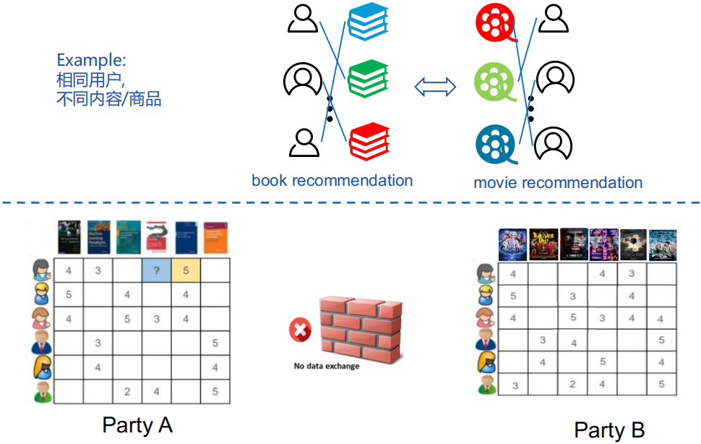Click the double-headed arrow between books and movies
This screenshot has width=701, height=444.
pyautogui.click(x=435, y=87)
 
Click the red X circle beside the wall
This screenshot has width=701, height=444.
pyautogui.click(x=299, y=331)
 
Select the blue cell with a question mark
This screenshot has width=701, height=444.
pyautogui.click(x=156, y=271)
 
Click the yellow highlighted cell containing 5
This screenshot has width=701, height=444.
pyautogui.click(x=186, y=271)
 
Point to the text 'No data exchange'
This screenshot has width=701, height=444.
pyautogui.click(x=327, y=366)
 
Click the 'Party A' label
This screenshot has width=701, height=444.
pyautogui.click(x=137, y=424)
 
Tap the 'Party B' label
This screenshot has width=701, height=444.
pyautogui.click(x=609, y=430)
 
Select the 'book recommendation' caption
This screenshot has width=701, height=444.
pyautogui.click(x=332, y=180)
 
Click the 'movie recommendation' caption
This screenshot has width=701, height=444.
pyautogui.click(x=558, y=182)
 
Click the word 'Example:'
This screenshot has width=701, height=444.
pyautogui.click(x=90, y=60)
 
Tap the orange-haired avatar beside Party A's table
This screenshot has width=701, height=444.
pyautogui.click(x=43, y=367)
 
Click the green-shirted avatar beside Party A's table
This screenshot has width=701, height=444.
pyautogui.click(x=43, y=393)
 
